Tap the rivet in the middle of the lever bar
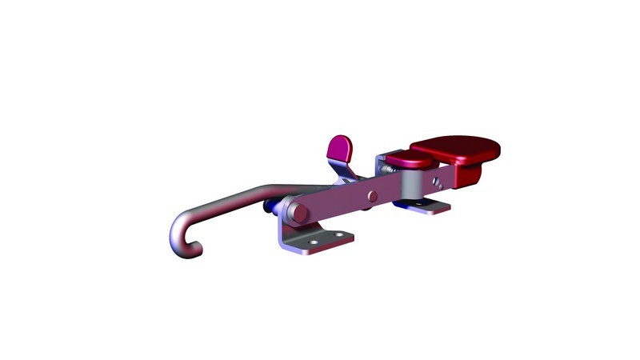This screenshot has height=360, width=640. (371, 195)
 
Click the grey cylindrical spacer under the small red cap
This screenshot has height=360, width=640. (409, 186)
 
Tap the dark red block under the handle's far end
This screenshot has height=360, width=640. (468, 174)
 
